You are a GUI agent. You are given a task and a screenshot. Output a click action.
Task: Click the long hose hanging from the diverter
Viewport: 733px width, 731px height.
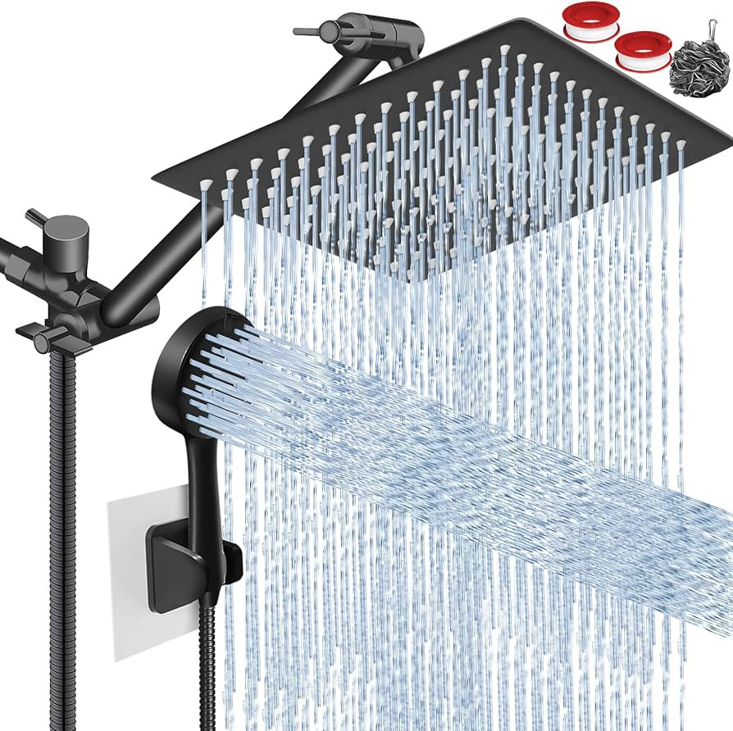pyautogui.click(x=59, y=508)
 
